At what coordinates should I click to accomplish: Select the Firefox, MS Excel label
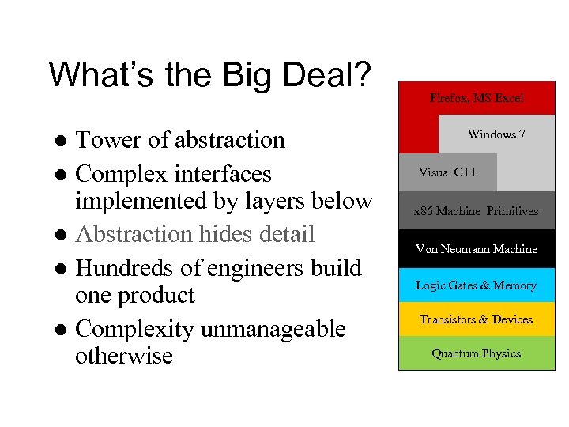477,98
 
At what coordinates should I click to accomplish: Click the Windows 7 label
496,134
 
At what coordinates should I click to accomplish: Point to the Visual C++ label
448,172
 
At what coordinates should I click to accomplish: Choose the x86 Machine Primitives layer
477,211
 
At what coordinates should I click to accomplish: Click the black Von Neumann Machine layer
477,249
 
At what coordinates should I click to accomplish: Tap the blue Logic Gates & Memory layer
477,285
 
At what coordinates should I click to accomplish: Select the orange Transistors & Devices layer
477,319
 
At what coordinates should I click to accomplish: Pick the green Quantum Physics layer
477,353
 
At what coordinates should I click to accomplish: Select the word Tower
108,140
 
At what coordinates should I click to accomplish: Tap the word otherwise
124,356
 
